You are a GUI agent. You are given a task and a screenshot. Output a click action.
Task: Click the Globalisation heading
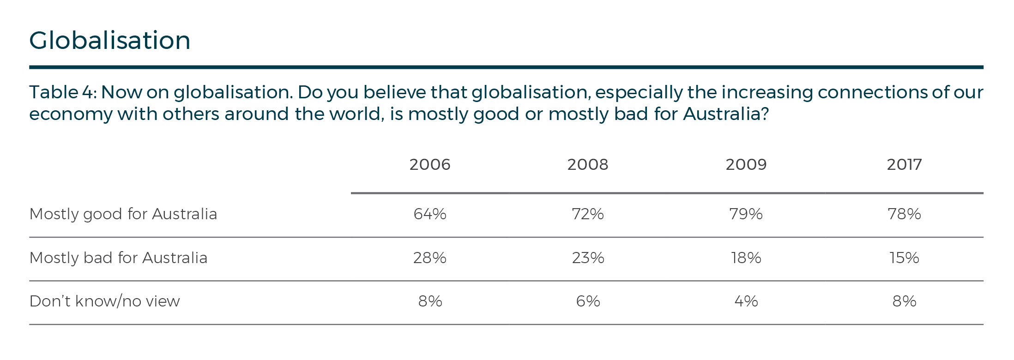click(110, 40)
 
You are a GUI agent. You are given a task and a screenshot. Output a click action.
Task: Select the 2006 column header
click(429, 164)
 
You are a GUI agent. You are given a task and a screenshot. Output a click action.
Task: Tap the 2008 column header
click(588, 164)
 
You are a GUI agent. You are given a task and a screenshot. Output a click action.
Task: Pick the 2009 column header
click(746, 164)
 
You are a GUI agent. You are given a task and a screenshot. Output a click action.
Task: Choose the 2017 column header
click(904, 164)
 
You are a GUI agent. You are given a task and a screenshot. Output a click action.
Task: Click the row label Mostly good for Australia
click(123, 214)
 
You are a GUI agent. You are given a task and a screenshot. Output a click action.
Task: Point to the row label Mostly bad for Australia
click(118, 258)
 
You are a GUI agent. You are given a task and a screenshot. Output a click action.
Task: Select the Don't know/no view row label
click(104, 301)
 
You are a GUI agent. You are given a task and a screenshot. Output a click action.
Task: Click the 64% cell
click(429, 214)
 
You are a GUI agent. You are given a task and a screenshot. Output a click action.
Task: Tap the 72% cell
click(588, 214)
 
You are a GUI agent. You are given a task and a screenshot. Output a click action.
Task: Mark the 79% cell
click(746, 214)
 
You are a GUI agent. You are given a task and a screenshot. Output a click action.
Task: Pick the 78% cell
click(904, 214)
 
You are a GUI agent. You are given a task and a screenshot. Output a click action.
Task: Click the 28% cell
click(429, 258)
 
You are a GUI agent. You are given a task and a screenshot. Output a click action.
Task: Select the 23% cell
click(588, 258)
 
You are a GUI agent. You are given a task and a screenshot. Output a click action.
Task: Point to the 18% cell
click(746, 258)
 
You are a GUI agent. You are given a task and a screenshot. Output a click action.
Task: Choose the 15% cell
click(904, 258)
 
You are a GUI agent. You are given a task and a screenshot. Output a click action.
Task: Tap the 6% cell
click(588, 301)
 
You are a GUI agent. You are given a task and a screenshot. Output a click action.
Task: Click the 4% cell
click(746, 301)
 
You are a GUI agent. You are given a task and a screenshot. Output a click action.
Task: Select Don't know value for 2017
click(904, 301)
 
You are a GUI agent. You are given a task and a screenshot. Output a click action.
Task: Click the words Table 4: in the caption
click(62, 92)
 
